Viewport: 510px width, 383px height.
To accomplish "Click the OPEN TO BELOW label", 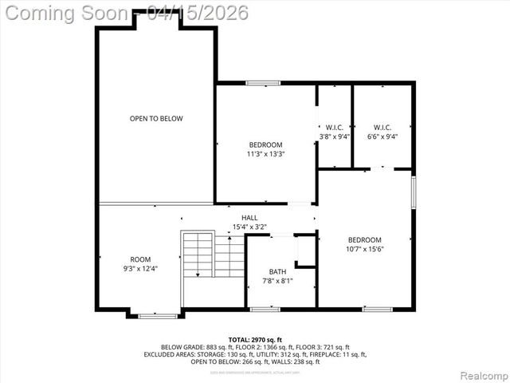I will [156, 119].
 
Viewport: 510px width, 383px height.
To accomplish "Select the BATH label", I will [277, 272].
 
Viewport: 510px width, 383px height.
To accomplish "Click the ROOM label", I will [140, 259].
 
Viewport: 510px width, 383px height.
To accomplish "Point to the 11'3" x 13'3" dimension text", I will [266, 155].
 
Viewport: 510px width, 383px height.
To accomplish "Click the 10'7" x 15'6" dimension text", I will [364, 250].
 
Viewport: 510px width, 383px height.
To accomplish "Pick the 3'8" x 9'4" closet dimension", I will [335, 136].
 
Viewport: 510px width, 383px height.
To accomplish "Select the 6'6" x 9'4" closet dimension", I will [382, 136].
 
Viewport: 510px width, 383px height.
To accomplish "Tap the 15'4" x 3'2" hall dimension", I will [250, 227].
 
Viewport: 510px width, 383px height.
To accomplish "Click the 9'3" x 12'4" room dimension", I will [140, 269].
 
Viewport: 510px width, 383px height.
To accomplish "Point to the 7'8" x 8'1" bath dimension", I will [277, 281].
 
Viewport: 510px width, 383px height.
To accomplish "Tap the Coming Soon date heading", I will [126, 13].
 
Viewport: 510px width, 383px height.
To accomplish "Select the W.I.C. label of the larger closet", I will [382, 127].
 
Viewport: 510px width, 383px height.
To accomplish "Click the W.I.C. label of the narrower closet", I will [335, 127].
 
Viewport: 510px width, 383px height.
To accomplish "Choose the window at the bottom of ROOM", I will [158, 316].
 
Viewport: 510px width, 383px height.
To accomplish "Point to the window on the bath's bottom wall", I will [265, 309].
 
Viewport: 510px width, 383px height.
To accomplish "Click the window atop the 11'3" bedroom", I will [262, 82].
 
